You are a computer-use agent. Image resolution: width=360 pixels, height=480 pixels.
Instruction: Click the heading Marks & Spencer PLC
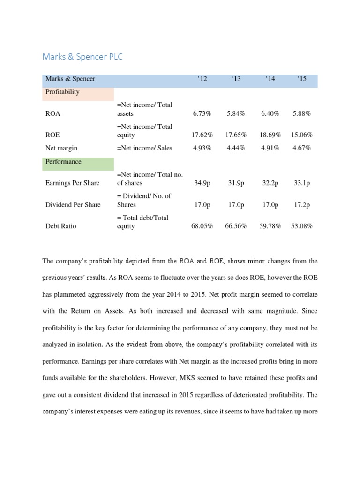point(82,57)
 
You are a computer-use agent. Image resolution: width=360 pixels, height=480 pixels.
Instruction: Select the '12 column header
point(202,79)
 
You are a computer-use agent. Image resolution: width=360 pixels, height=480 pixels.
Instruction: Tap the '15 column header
point(301,79)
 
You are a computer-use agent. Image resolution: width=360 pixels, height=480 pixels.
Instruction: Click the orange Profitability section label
point(62,92)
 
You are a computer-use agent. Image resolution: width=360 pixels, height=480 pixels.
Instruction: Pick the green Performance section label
point(63,162)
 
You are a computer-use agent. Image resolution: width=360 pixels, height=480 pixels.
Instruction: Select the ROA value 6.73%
point(202,113)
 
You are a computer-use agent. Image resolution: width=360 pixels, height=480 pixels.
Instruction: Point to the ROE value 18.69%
point(270,135)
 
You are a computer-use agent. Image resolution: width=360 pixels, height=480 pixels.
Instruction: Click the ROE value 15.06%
point(301,135)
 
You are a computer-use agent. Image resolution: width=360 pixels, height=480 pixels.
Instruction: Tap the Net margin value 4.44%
point(236,148)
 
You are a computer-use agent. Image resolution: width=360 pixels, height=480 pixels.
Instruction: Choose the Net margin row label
point(61,148)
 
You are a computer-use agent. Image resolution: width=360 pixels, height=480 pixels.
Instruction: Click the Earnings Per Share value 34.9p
point(202,183)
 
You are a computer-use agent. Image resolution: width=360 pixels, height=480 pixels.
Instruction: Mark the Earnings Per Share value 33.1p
point(301,183)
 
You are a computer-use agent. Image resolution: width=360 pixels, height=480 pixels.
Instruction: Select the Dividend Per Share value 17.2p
point(301,205)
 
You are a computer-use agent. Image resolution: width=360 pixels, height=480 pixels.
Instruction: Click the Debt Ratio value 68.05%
point(202,226)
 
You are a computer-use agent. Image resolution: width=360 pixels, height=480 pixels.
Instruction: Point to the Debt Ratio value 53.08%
point(301,226)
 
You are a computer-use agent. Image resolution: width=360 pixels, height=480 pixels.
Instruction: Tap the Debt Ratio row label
point(61,226)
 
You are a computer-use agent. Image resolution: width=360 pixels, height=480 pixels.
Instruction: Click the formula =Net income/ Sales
point(144,148)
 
